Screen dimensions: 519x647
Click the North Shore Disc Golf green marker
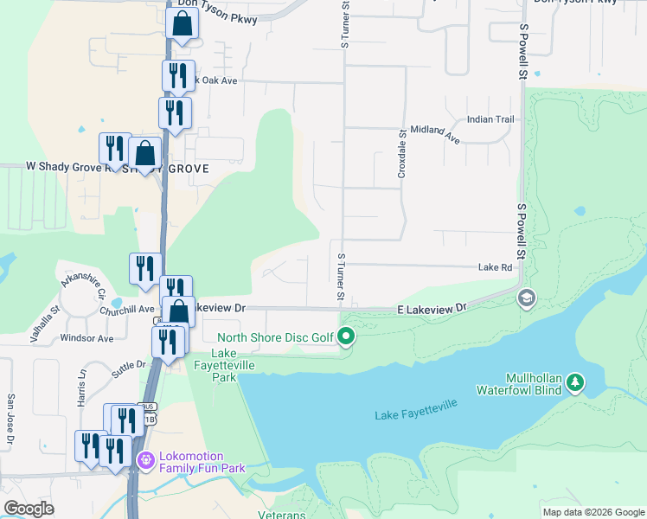coord(347,336)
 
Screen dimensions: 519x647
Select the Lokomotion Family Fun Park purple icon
coord(144,462)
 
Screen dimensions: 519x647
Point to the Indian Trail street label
coord(490,119)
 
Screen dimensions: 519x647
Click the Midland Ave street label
coord(434,132)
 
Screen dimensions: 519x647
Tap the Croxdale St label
coord(402,154)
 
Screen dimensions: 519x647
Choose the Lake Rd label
coord(496,268)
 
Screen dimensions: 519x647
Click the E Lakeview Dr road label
coord(432,309)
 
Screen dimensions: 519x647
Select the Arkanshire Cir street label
coord(83,283)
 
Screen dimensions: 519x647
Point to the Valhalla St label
coord(46,318)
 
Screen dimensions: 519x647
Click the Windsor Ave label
coord(90,338)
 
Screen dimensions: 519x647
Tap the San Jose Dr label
coord(10,421)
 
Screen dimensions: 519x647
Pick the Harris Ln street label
coord(83,385)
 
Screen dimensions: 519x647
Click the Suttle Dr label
coord(129,368)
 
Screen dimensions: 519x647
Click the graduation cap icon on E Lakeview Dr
coord(525,298)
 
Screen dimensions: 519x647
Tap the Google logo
coord(29,509)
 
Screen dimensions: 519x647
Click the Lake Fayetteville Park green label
coord(224,366)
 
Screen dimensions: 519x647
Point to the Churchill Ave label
coord(126,310)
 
